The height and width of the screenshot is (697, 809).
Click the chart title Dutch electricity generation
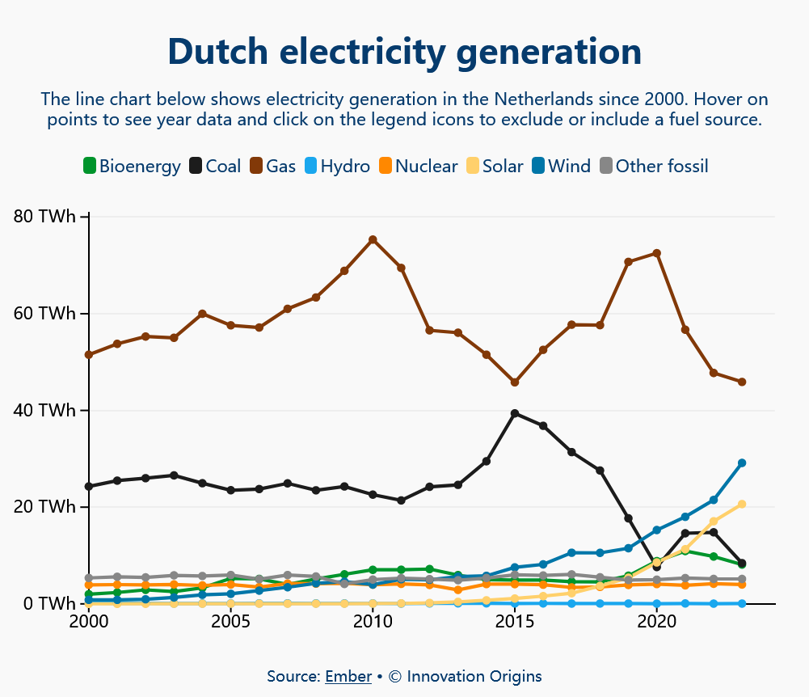tap(404, 52)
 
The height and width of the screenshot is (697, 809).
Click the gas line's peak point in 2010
tap(373, 239)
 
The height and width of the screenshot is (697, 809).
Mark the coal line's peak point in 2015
tap(515, 413)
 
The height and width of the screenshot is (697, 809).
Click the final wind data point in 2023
tap(742, 463)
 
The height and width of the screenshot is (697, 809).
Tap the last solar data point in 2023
tap(742, 505)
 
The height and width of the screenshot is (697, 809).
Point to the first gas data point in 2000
tap(89, 355)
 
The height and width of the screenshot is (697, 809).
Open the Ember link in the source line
tap(348, 677)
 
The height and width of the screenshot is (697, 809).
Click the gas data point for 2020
tap(657, 253)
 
